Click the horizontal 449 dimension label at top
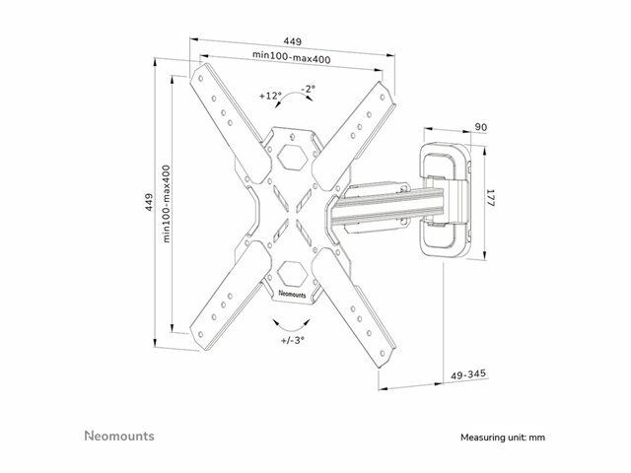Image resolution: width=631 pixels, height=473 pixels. coord(293,41)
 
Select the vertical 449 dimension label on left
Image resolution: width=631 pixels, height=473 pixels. coord(149,202)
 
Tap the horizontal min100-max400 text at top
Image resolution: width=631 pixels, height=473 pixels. coord(292,57)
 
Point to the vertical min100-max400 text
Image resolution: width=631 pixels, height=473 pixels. coord(167,204)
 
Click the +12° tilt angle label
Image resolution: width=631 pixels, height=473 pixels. coord(270,96)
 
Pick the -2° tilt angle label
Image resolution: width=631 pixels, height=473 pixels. coord(309,89)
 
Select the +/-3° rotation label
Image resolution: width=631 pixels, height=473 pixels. coord(293,340)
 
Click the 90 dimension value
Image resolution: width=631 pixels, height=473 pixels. coord(481,127)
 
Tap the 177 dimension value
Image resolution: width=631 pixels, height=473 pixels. coord(491,198)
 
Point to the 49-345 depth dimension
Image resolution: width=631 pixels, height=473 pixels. coord(468,374)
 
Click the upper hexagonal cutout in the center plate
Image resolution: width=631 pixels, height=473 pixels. coord(293,157)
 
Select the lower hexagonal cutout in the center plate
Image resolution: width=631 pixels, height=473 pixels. coord(293,274)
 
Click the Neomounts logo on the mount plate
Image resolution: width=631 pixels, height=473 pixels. coord(292,294)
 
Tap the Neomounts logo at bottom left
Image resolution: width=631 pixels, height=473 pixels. coord(119,436)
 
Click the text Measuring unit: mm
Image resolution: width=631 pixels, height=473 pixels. coord(503,438)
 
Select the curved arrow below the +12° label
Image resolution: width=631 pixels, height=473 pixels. coord(295,99)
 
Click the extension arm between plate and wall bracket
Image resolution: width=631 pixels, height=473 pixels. coord(386,207)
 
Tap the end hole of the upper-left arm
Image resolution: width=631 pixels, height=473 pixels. coord(200,79)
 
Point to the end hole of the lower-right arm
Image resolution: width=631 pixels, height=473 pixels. coord(382,354)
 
